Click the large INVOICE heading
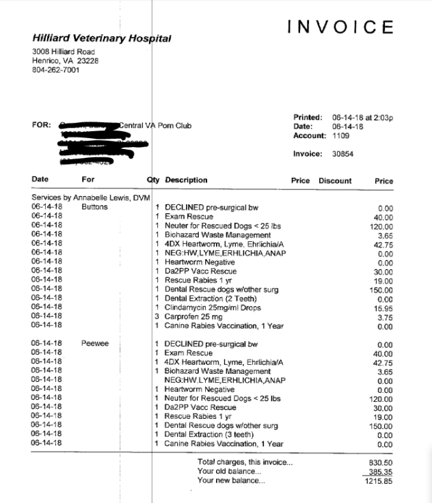(x=340, y=27)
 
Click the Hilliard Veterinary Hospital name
(x=102, y=39)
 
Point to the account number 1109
(x=341, y=135)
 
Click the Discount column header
(x=335, y=181)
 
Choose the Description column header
(x=186, y=180)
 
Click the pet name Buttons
(x=94, y=207)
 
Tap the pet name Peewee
(x=95, y=344)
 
